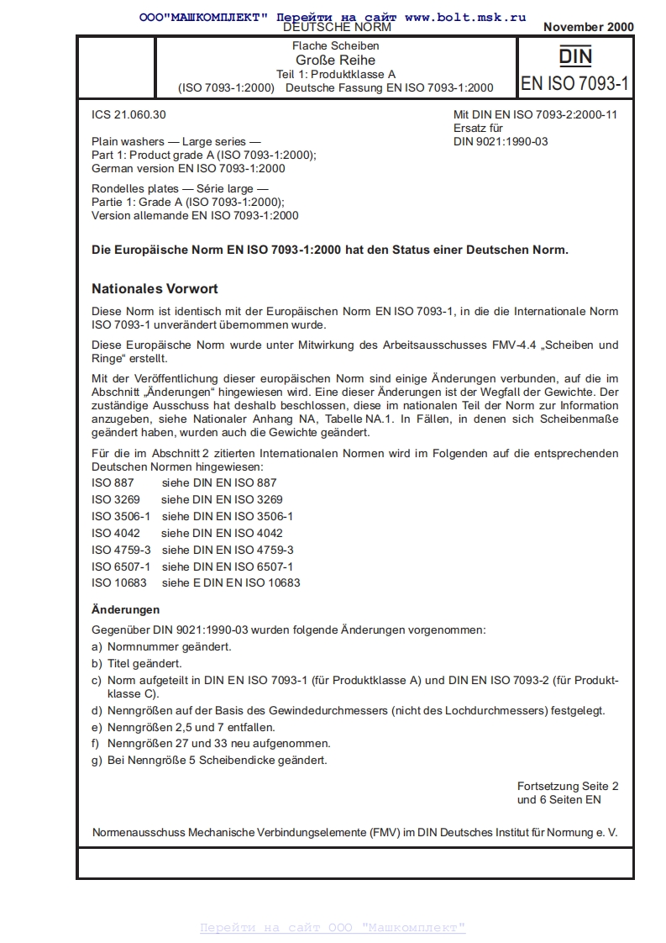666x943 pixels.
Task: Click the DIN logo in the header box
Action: (x=575, y=57)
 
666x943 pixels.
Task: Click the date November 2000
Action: (x=588, y=27)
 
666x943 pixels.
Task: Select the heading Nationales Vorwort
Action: (x=155, y=288)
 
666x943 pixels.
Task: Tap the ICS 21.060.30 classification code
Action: (x=123, y=114)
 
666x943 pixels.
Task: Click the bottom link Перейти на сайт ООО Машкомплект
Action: (x=333, y=927)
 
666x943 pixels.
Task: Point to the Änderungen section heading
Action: (x=125, y=609)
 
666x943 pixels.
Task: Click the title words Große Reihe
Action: (x=335, y=60)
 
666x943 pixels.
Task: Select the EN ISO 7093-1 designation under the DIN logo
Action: (x=574, y=83)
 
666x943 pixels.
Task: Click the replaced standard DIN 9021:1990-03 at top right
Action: (x=500, y=141)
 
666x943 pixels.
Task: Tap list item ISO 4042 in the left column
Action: (x=116, y=533)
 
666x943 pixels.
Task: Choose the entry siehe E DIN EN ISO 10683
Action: (x=231, y=582)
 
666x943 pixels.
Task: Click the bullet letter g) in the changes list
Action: (x=97, y=760)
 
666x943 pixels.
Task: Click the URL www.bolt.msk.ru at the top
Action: (x=465, y=16)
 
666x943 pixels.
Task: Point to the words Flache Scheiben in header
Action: (x=335, y=45)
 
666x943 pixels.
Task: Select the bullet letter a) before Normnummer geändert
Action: (x=97, y=646)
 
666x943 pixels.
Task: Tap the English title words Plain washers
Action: (x=129, y=141)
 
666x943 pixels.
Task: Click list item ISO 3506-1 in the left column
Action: (x=121, y=516)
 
